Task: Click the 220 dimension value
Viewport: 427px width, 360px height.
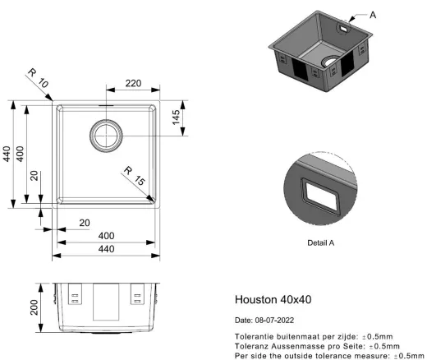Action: tap(133, 83)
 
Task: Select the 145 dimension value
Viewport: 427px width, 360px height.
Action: tap(176, 118)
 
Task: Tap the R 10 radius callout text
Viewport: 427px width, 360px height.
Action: tap(38, 78)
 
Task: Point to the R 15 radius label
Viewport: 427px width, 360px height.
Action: tap(134, 176)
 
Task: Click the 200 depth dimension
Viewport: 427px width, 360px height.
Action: tap(34, 307)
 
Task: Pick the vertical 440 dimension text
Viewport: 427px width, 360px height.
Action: tap(7, 154)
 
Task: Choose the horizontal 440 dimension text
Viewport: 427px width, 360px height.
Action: tap(106, 249)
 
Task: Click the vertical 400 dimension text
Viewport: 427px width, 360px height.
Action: tap(20, 154)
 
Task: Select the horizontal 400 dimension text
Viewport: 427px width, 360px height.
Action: tap(106, 236)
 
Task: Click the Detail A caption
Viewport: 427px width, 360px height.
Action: tap(321, 242)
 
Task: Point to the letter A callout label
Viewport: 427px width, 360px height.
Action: tap(373, 15)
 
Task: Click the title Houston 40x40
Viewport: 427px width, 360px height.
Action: tap(273, 299)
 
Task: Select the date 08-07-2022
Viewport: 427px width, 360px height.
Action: tap(274, 321)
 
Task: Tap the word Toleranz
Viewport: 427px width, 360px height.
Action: tap(251, 346)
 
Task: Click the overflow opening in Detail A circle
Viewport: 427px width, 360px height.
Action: tap(320, 196)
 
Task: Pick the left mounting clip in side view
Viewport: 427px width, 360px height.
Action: tap(75, 293)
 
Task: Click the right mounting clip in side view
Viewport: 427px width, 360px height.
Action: tap(137, 293)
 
